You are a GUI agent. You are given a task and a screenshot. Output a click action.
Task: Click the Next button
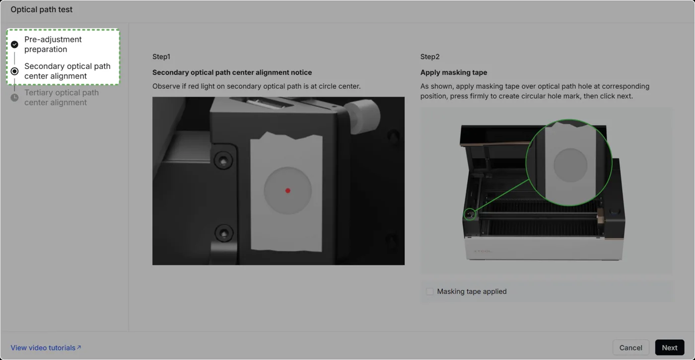670,348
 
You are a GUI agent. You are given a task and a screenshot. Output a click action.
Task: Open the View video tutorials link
46,348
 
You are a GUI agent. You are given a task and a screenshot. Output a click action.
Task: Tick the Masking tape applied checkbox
430,291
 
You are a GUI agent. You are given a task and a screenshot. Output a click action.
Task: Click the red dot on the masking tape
287,191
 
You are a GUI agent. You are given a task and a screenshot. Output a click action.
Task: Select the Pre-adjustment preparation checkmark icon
14,44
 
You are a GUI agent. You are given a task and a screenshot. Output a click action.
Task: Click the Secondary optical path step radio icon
14,71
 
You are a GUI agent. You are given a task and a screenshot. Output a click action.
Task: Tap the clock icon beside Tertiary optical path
14,98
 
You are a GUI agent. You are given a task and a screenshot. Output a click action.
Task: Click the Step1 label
161,57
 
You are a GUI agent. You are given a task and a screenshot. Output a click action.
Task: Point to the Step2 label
430,57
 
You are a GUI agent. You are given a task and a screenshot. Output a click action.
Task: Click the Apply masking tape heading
454,72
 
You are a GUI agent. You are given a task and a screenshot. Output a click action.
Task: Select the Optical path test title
42,9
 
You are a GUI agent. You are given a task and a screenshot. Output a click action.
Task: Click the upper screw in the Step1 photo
223,160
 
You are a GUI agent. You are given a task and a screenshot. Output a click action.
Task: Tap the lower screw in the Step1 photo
224,233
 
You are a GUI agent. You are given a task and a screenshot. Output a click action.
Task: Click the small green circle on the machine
470,214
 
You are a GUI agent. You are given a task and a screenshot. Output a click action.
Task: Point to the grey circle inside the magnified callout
570,165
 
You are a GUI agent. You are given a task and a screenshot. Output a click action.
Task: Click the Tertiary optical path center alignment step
62,97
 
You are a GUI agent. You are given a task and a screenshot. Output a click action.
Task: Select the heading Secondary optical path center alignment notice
232,72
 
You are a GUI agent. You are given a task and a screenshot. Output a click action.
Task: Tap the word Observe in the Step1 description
166,86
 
